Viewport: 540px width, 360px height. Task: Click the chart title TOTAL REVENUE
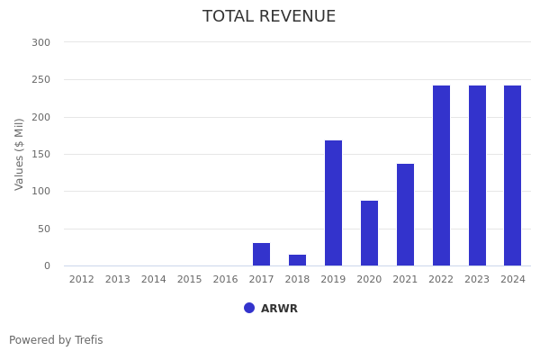tap(269, 17)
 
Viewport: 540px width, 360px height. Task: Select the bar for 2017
tap(262, 255)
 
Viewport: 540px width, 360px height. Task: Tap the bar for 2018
tap(298, 260)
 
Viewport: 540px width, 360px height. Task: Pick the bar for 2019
tap(334, 203)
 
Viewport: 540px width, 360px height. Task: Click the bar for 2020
tap(370, 233)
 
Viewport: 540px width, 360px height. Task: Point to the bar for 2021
tap(406, 215)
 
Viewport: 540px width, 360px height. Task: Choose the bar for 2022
tap(441, 175)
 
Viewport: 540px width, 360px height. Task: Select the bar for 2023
tap(477, 175)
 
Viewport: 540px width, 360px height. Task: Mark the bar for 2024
tap(513, 175)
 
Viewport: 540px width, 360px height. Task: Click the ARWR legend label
tap(279, 309)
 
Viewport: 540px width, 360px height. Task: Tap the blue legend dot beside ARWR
tap(249, 308)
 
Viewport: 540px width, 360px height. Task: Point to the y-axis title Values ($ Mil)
tap(20, 154)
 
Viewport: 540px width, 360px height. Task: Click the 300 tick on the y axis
tap(40, 42)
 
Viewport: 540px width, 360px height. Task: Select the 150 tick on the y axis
tap(40, 154)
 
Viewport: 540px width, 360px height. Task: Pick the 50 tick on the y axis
tap(43, 229)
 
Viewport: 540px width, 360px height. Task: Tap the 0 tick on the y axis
tap(47, 265)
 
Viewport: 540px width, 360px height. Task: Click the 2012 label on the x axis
tap(82, 280)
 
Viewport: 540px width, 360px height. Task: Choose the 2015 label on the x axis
tap(190, 280)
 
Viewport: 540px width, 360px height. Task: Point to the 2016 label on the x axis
tap(226, 280)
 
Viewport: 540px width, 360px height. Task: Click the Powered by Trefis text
tap(56, 340)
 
